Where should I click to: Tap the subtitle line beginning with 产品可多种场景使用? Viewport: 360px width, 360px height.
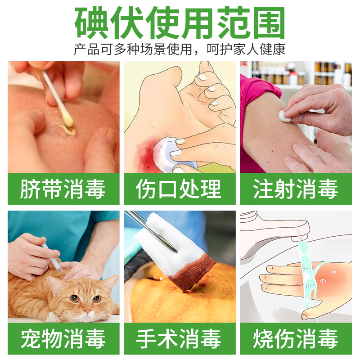point(180,49)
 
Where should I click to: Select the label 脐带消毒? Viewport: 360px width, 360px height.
point(63,189)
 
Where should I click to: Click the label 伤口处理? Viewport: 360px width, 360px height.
point(180,189)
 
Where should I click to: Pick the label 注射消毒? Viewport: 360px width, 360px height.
point(296,189)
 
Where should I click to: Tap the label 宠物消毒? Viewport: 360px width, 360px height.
point(63,339)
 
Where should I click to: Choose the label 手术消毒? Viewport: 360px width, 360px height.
point(180,339)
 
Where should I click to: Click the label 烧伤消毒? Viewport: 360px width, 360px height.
point(296,339)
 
